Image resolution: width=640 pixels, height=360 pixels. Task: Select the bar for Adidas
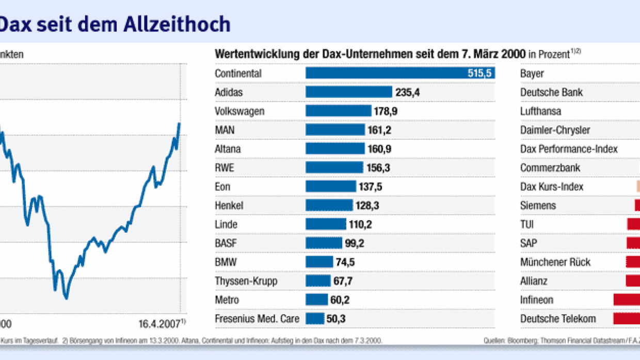(349, 92)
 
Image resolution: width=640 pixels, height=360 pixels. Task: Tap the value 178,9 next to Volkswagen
(386, 111)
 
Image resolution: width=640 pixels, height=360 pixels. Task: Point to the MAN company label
(224, 130)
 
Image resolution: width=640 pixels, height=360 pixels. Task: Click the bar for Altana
(335, 149)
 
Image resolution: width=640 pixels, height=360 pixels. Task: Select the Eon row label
(222, 187)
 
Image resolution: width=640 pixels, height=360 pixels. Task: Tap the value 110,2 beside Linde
(360, 224)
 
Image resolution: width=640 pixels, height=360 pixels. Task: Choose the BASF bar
(324, 243)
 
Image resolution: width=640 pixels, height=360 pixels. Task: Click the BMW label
(226, 262)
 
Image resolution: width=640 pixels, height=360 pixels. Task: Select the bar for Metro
(316, 300)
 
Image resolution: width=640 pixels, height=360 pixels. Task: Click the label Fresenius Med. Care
(257, 319)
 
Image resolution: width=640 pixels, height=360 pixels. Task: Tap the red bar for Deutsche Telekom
(627, 319)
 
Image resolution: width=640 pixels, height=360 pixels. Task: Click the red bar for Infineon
(627, 300)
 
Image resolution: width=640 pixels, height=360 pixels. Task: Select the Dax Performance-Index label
(569, 149)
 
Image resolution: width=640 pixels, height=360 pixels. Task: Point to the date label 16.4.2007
(159, 323)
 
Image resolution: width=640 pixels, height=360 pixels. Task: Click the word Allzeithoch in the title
(179, 24)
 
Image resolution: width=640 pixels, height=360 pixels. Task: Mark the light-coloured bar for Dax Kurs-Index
(638, 187)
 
